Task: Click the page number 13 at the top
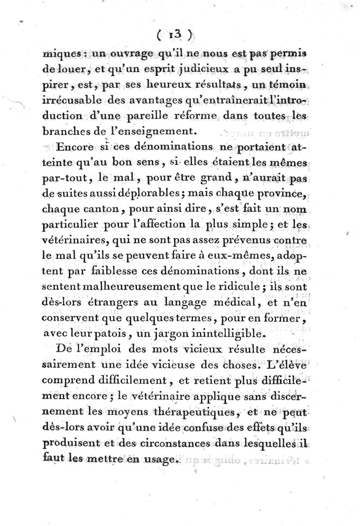tap(175, 34)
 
